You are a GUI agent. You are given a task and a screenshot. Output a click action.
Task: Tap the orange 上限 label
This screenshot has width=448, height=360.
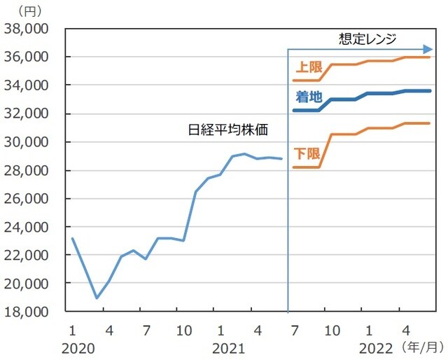tap(309, 68)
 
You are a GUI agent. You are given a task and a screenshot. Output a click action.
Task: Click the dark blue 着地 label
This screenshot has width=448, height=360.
tap(309, 97)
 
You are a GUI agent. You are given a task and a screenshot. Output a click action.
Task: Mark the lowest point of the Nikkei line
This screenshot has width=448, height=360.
tap(97, 298)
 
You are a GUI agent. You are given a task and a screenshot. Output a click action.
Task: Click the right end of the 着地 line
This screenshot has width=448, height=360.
tap(430, 91)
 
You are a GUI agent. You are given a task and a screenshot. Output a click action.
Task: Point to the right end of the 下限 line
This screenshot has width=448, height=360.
tap(430, 123)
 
